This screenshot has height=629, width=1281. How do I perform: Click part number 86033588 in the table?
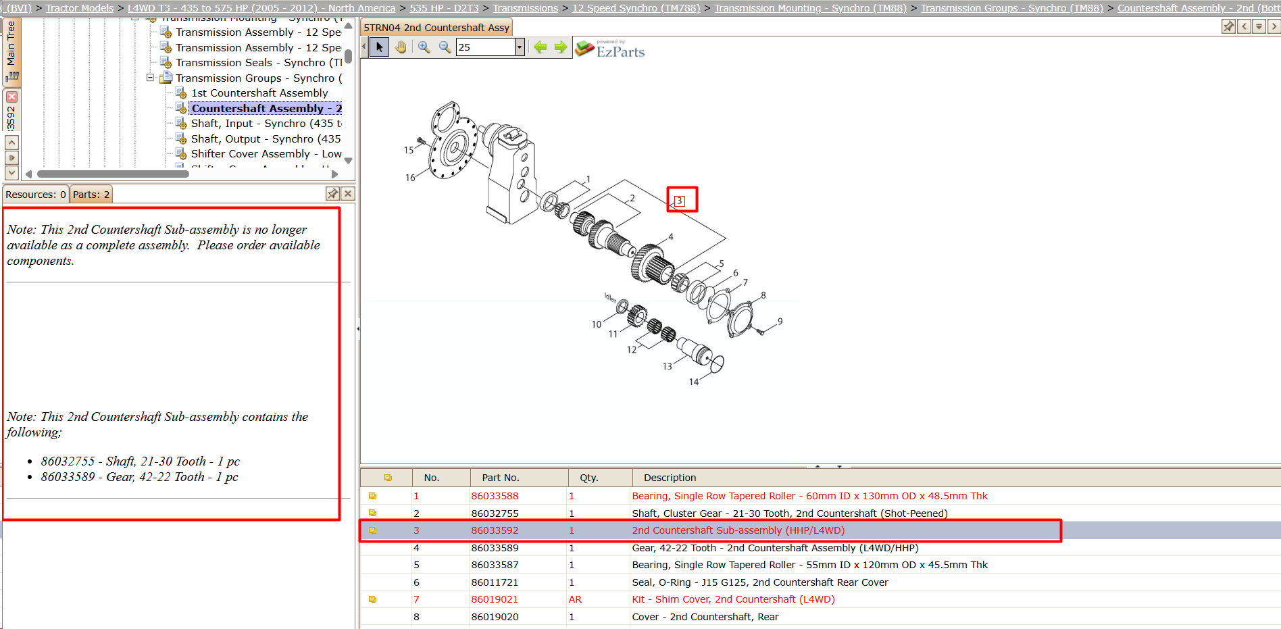[x=495, y=496]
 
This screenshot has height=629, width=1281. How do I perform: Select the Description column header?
[x=670, y=478]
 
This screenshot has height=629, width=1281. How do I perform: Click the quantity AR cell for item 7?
[x=575, y=599]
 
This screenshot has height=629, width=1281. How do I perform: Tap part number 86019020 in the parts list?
[x=495, y=617]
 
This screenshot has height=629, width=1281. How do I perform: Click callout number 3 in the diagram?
[x=680, y=201]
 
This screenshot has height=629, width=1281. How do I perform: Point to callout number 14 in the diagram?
[x=694, y=382]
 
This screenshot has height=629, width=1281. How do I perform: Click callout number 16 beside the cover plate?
[x=410, y=178]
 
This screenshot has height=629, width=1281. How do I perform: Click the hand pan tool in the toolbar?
[x=401, y=47]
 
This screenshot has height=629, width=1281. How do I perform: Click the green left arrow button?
[x=540, y=47]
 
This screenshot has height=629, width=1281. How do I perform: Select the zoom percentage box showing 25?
[x=486, y=47]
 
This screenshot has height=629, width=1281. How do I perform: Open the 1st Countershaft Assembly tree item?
[x=259, y=93]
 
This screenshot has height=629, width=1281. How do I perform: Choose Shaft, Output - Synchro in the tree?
[x=266, y=139]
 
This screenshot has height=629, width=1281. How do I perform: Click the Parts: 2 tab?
[x=91, y=195]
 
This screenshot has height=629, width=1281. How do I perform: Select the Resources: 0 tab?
[x=36, y=195]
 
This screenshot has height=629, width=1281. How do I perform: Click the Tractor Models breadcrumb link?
[x=80, y=8]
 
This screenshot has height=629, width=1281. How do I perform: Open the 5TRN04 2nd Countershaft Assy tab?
[x=436, y=28]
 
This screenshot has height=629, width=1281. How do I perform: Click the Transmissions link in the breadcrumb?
[x=526, y=8]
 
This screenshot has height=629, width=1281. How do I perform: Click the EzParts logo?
[x=610, y=49]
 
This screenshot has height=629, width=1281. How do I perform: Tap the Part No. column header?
[x=501, y=478]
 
